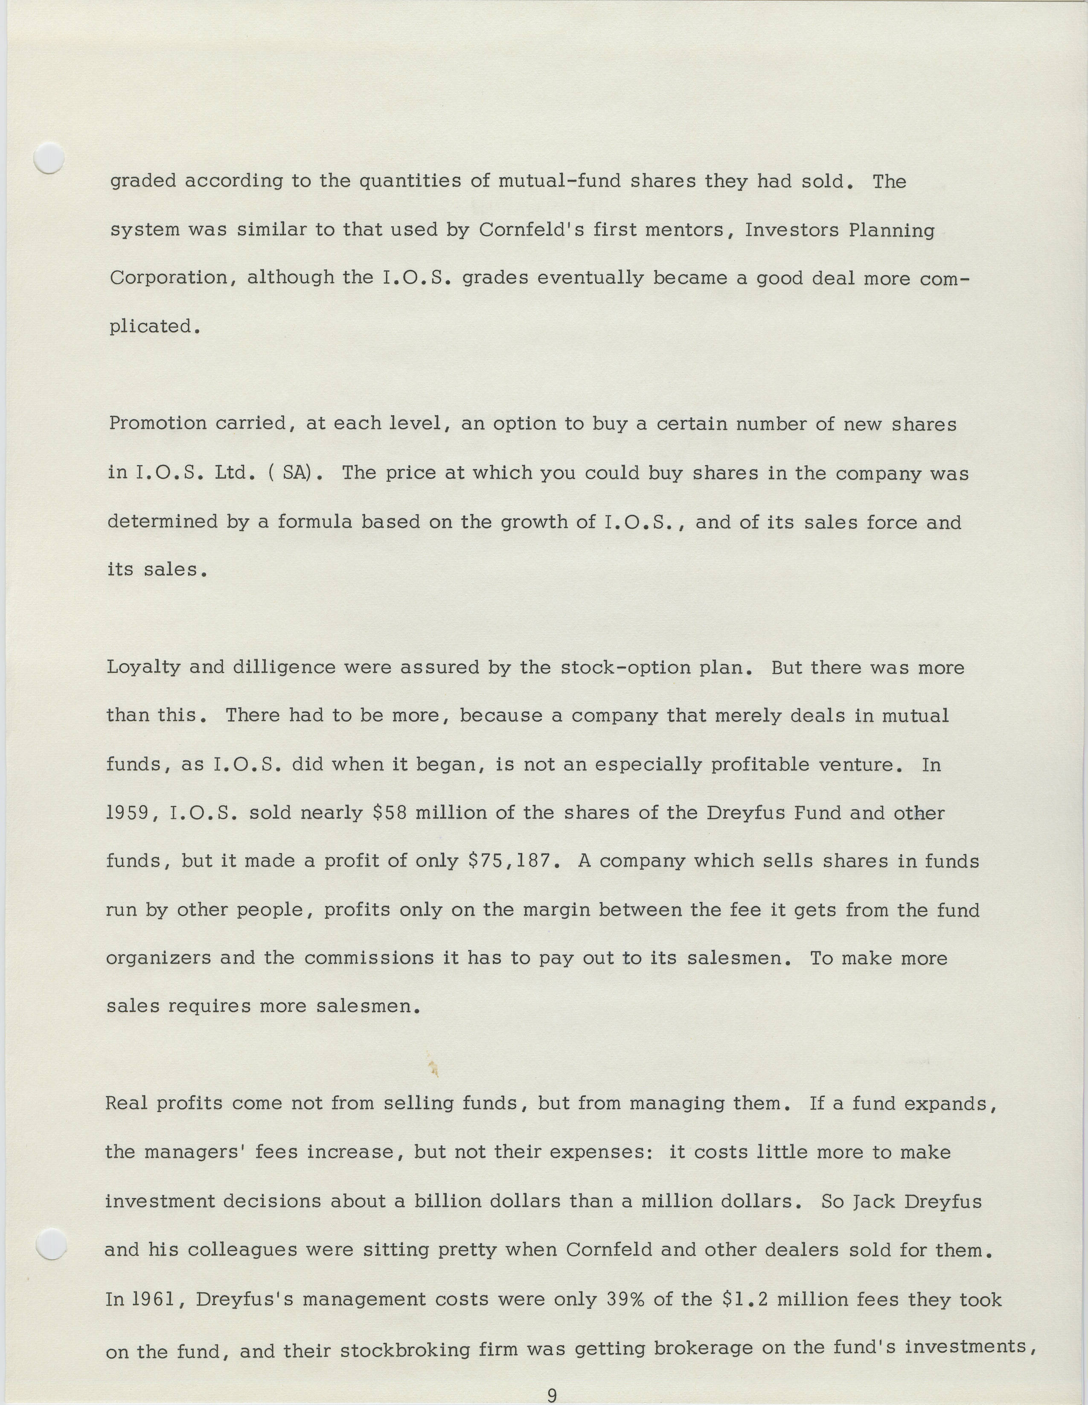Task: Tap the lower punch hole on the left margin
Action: click(51, 1243)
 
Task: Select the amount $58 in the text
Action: click(390, 812)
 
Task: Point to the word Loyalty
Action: click(143, 667)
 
